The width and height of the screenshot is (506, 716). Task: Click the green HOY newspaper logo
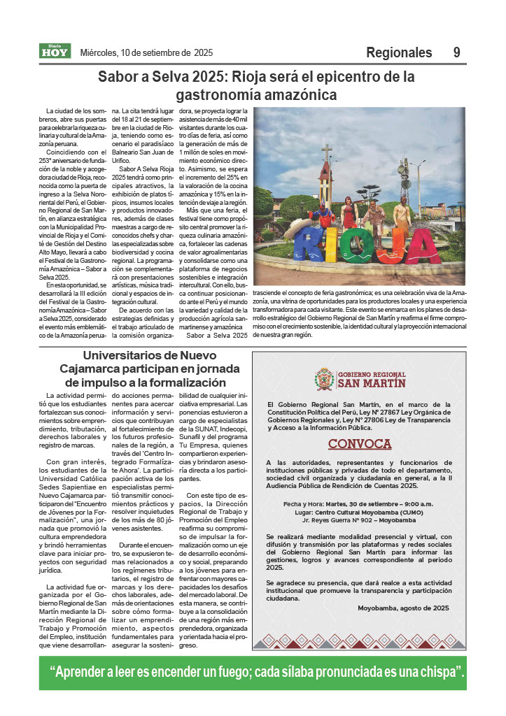[x=55, y=51]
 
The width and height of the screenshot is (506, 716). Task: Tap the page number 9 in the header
[x=456, y=52]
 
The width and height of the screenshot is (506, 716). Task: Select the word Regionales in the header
[x=399, y=52]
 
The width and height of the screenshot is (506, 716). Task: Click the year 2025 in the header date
[x=204, y=52]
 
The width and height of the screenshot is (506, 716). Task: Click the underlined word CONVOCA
[x=360, y=444]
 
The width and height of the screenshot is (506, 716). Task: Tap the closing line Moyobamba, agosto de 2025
[x=402, y=608]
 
